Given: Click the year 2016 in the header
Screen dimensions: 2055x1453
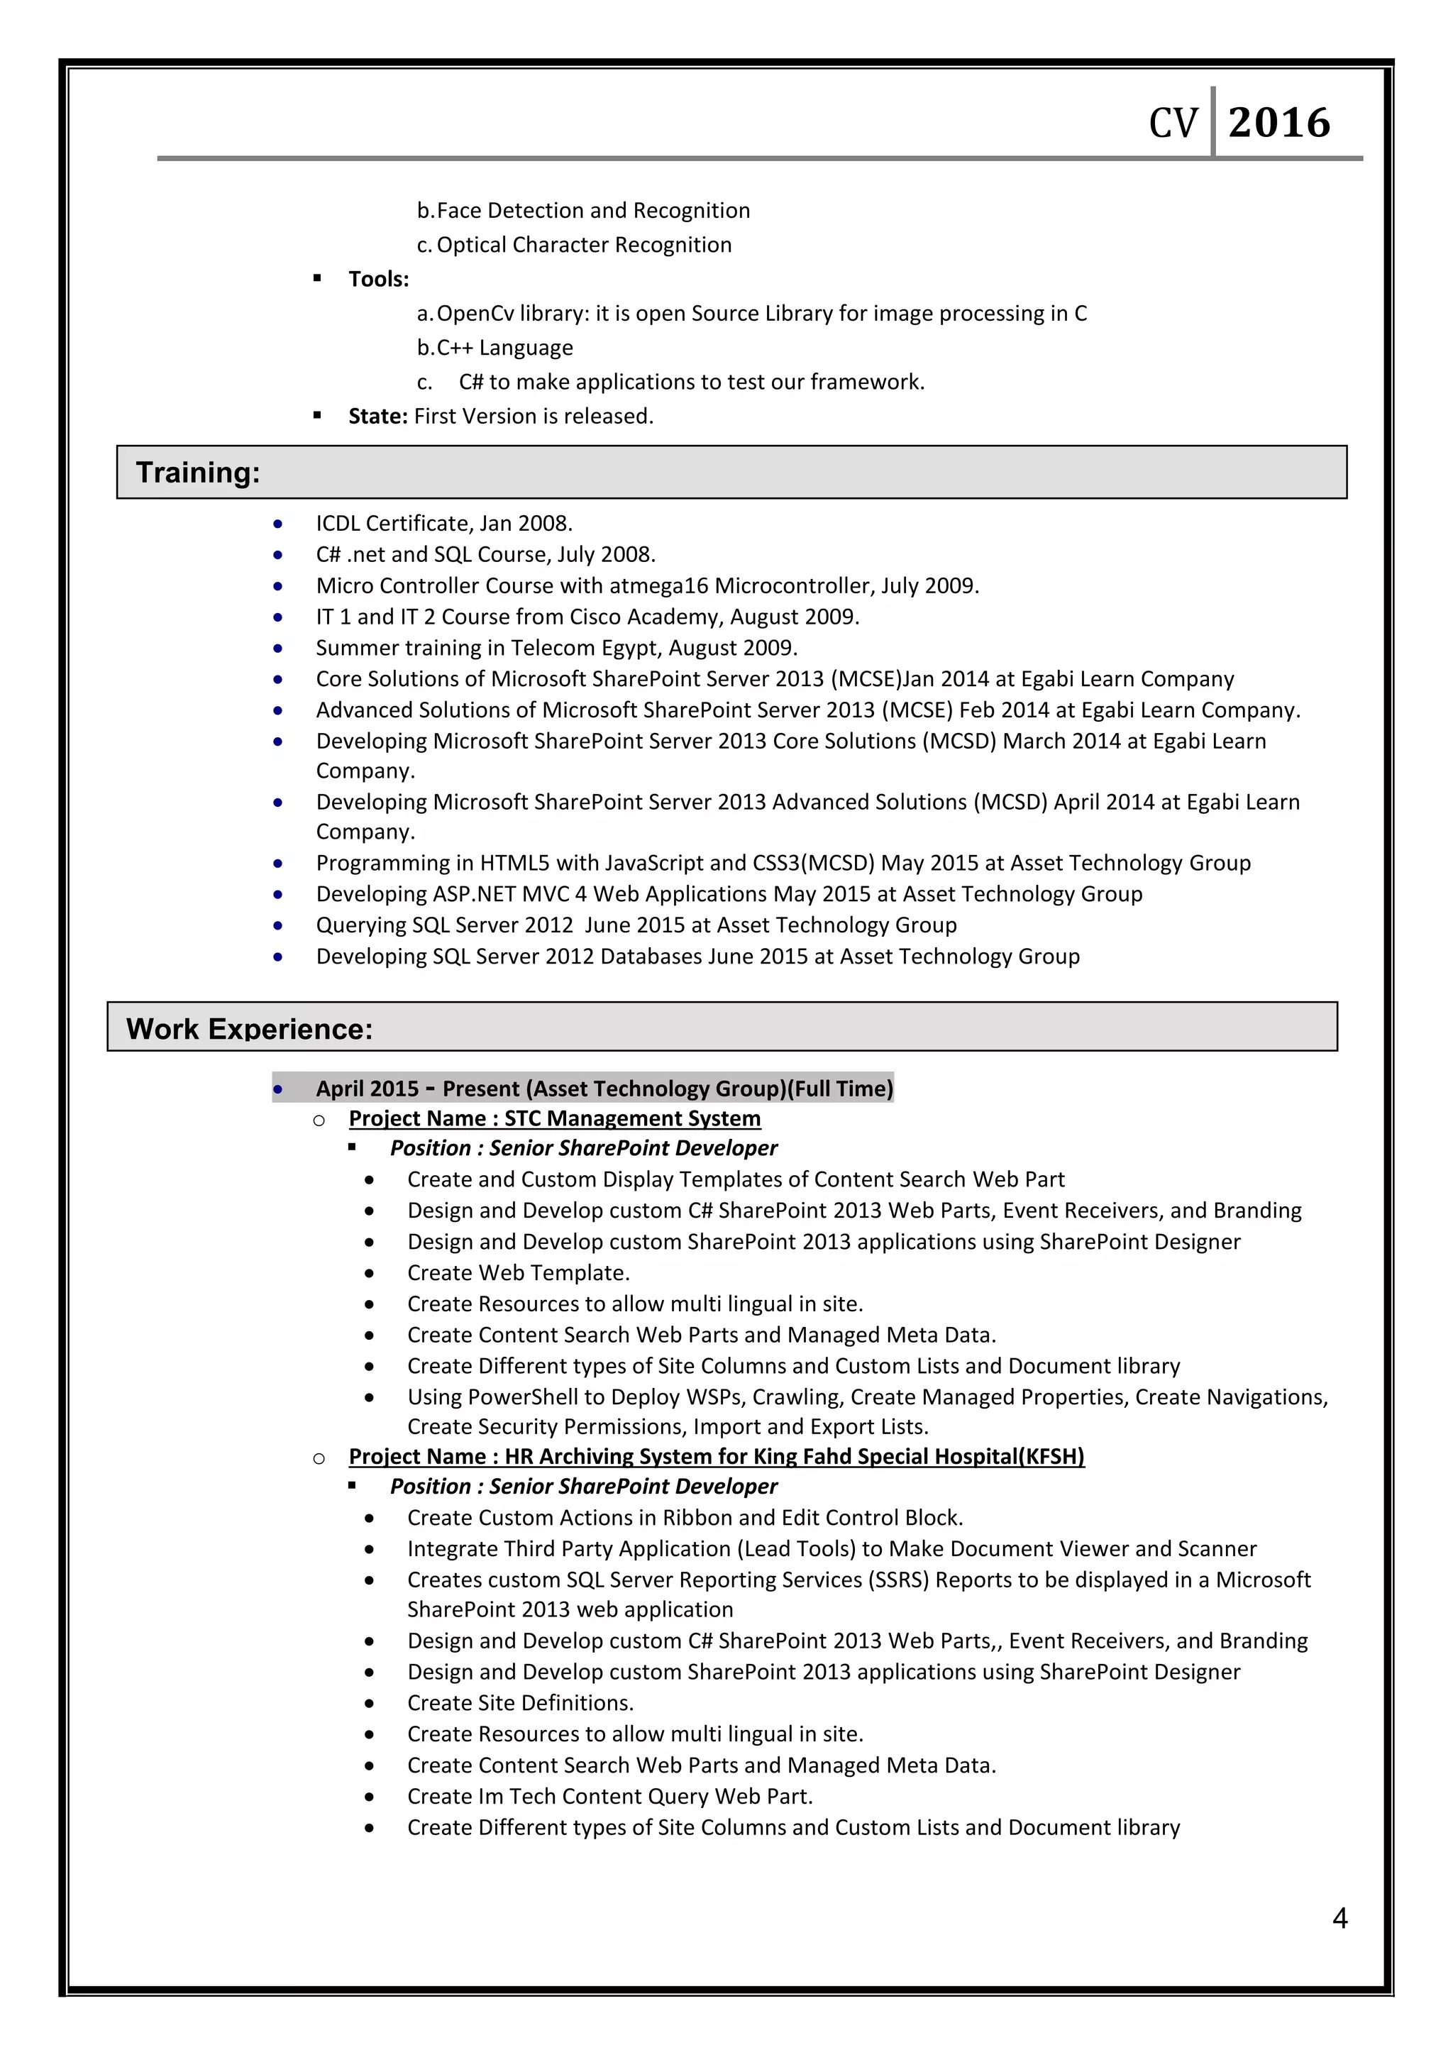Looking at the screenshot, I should pos(1278,123).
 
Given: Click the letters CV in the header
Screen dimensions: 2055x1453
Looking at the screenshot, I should pos(1172,123).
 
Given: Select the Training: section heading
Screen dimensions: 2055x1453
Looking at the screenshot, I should pos(198,472).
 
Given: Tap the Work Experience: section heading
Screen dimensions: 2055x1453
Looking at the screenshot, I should pos(249,1028).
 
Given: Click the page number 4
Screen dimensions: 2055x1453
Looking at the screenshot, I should pos(1339,1918).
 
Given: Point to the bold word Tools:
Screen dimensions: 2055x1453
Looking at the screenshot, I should pos(378,280).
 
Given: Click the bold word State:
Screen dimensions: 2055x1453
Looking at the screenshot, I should pos(377,417).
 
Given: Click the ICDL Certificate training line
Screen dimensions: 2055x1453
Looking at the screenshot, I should pos(443,523).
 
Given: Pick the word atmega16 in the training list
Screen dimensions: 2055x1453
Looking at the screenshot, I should pos(658,585).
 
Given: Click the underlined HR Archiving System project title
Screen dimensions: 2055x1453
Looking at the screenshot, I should pos(716,1456).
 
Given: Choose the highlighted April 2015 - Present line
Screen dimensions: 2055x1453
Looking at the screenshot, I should pos(604,1089).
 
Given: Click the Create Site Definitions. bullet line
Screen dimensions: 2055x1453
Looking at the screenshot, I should pos(520,1702).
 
